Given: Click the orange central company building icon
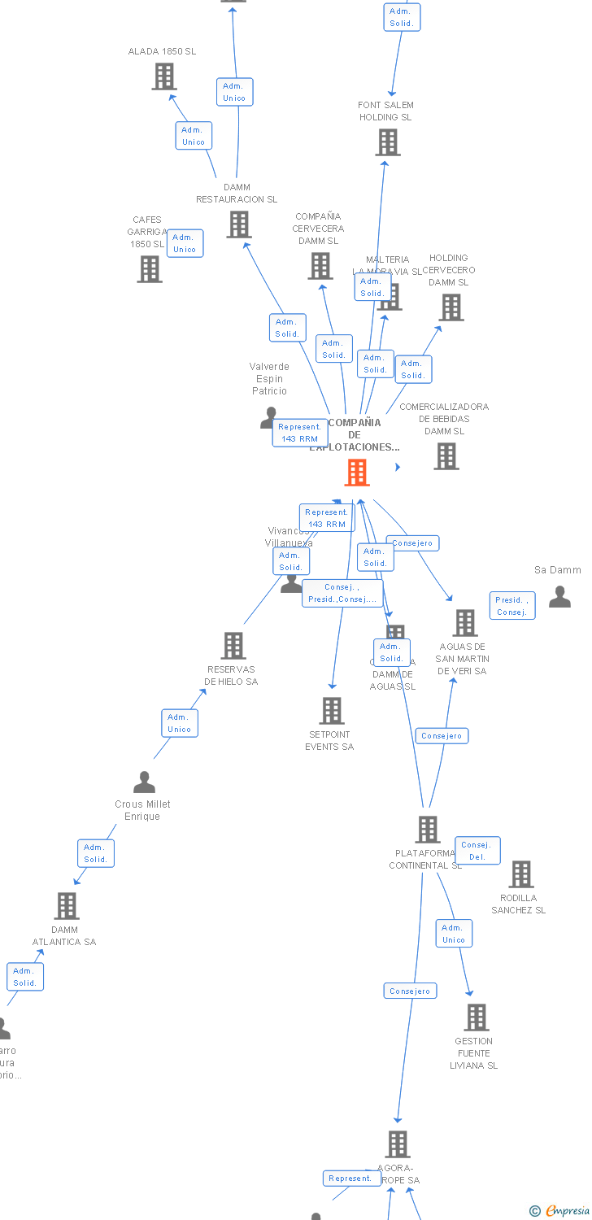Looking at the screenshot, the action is [x=357, y=473].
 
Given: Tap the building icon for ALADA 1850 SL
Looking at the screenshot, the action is [x=164, y=76].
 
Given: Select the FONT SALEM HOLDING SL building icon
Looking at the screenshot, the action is [x=388, y=142].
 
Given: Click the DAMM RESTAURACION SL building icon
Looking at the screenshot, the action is [x=239, y=224].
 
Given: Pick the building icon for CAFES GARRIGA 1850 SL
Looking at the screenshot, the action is [x=150, y=268].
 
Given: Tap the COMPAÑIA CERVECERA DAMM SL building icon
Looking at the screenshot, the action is [x=320, y=266].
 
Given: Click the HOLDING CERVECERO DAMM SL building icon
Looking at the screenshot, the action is [x=451, y=307].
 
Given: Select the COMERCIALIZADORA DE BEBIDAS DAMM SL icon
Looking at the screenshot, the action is [x=446, y=456].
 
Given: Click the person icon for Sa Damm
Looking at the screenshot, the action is [x=559, y=597].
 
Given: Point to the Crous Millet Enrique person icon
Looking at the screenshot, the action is [x=144, y=782].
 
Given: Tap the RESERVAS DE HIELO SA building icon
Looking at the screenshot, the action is [x=233, y=646].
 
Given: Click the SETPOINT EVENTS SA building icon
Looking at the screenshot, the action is [x=332, y=711].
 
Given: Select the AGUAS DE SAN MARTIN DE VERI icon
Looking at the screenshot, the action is [x=465, y=623].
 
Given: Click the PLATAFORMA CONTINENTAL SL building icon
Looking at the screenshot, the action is [x=428, y=830].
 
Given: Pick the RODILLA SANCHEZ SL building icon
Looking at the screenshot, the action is [x=521, y=874].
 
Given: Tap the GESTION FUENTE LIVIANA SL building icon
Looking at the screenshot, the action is [x=477, y=1017].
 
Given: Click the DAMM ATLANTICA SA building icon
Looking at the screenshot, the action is [x=67, y=906].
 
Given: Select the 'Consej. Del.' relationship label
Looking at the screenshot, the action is [x=477, y=851].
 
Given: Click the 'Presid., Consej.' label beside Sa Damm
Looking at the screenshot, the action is [x=512, y=606].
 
